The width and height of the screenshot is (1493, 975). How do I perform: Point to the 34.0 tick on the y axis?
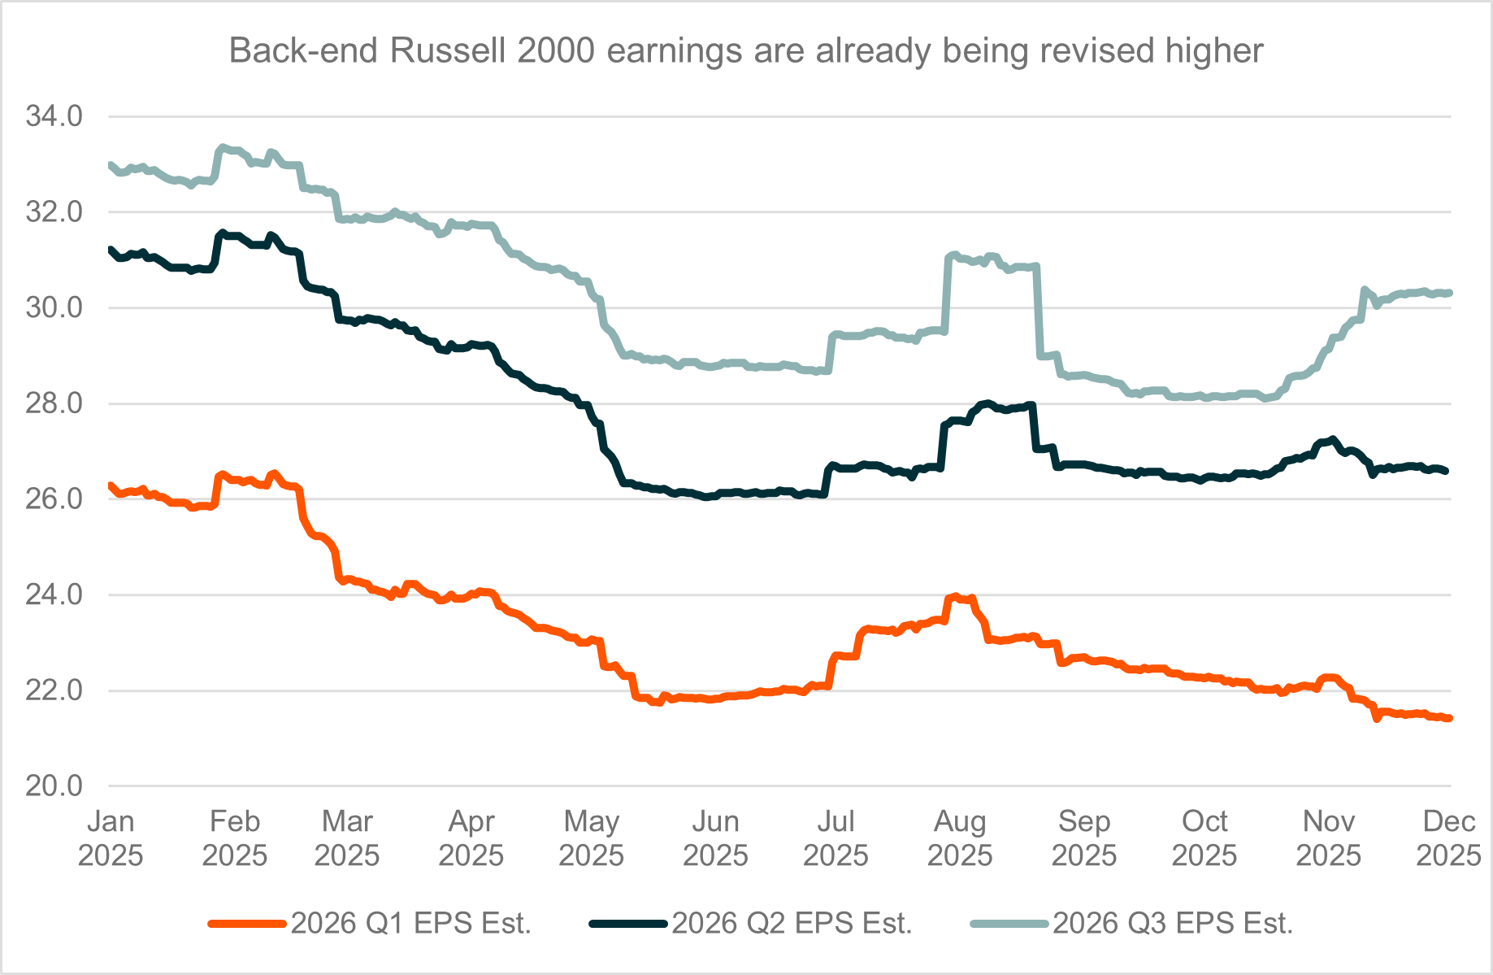pos(54,116)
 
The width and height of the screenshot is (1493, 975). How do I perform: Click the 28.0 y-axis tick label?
pos(54,403)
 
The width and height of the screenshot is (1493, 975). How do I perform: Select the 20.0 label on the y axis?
pos(54,786)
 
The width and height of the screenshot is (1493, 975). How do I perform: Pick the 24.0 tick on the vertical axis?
pos(54,595)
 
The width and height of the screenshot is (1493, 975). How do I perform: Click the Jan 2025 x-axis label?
pos(111,838)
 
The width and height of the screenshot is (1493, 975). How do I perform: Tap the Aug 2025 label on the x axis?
pos(960,838)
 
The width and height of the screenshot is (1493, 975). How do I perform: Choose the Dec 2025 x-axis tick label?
pos(1448,838)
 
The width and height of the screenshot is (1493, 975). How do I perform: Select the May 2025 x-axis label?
pos(592,838)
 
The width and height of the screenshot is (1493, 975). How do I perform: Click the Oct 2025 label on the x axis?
pos(1204,838)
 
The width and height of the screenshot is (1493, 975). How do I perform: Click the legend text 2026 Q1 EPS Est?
pos(411,924)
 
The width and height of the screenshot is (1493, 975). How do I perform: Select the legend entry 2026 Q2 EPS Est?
pos(792,924)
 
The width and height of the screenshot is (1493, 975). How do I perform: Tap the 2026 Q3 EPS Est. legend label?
pos(1173,924)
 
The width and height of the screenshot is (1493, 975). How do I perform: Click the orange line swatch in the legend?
pos(248,924)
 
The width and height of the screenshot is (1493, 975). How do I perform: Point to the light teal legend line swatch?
pos(1009,924)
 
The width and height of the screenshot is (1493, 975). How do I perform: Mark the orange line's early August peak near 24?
pos(956,597)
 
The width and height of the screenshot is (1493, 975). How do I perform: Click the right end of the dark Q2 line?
pos(1447,471)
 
